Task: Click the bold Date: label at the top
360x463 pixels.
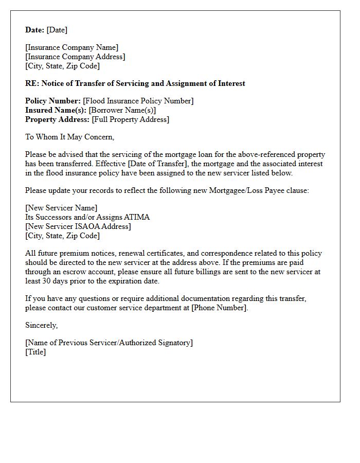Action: (35, 30)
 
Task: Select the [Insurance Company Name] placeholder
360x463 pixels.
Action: (71, 47)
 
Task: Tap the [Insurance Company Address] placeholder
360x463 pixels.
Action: (75, 57)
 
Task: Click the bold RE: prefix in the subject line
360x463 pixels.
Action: (32, 83)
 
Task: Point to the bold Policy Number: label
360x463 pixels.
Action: (53, 101)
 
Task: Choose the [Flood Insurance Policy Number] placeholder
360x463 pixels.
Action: (138, 101)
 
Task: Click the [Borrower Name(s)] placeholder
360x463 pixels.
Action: (122, 110)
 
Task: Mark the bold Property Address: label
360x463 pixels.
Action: (57, 119)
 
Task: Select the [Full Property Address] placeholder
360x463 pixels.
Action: (130, 119)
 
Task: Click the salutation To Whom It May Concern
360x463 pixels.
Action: (69, 137)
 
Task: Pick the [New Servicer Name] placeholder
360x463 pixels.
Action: (61, 208)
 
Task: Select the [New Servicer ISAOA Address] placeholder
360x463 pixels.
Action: (78, 226)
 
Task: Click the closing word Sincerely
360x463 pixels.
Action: (41, 325)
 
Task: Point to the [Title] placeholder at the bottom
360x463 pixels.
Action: (35, 352)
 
